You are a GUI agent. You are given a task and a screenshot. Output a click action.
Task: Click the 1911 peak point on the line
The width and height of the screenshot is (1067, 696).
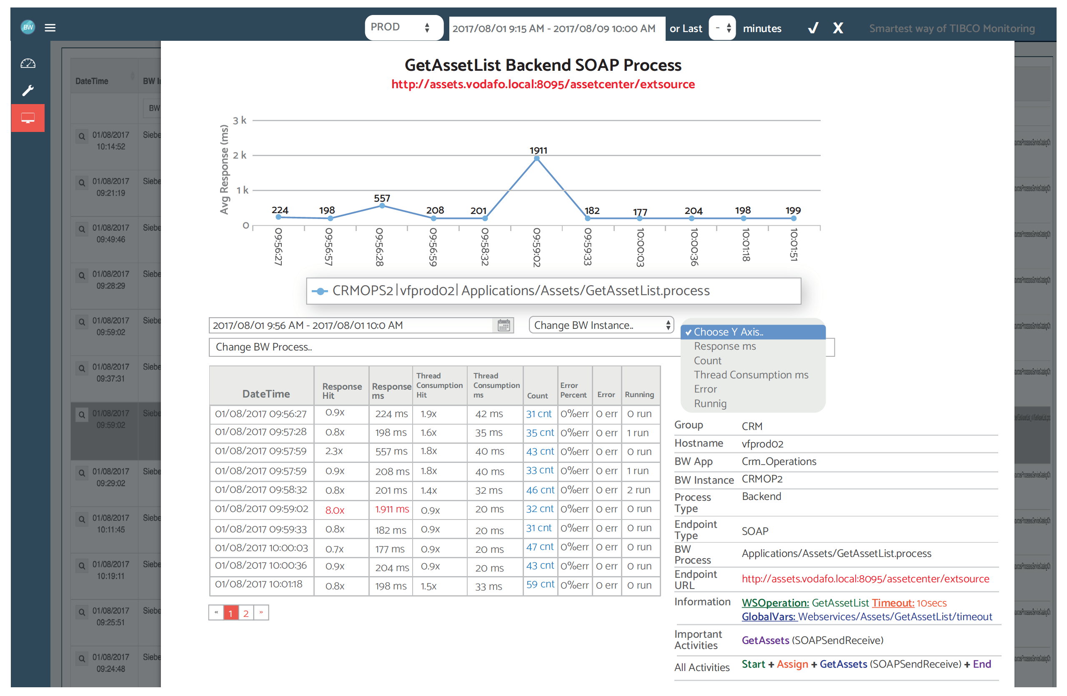point(537,159)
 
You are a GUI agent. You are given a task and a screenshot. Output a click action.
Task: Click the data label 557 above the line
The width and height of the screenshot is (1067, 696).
point(382,198)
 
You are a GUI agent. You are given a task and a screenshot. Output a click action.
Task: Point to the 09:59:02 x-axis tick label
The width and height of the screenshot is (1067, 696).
point(537,247)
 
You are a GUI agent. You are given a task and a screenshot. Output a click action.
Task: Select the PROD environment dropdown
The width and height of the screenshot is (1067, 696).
point(403,27)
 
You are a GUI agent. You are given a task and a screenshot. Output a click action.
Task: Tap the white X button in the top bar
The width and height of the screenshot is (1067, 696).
point(837,28)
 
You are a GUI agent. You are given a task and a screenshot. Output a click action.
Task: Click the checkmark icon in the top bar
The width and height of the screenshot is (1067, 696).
point(813,28)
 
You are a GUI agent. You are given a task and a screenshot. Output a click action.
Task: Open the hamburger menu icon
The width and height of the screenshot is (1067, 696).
point(50,28)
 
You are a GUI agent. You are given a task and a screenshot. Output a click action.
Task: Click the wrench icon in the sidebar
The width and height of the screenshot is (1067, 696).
point(28,90)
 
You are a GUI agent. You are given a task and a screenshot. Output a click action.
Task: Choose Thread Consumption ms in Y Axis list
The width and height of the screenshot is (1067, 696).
point(751,375)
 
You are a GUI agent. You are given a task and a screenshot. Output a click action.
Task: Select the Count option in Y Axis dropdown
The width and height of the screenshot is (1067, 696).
point(707,360)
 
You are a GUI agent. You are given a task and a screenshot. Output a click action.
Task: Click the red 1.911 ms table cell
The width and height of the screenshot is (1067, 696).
point(391,509)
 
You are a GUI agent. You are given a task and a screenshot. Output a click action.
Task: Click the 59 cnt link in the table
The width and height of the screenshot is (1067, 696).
point(540,584)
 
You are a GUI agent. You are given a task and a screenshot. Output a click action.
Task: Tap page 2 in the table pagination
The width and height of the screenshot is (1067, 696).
point(245,613)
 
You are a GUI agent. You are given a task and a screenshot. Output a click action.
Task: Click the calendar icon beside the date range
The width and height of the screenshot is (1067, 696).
point(503,325)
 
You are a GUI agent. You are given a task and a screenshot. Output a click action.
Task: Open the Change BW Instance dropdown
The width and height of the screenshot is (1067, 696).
point(601,325)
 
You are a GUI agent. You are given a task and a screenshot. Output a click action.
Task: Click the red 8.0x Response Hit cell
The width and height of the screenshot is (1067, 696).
point(334,510)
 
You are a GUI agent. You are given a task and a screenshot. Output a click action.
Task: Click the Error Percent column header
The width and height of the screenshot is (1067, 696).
point(573,390)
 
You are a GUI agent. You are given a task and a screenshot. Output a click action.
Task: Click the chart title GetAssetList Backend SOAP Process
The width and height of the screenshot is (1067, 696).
point(543,65)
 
